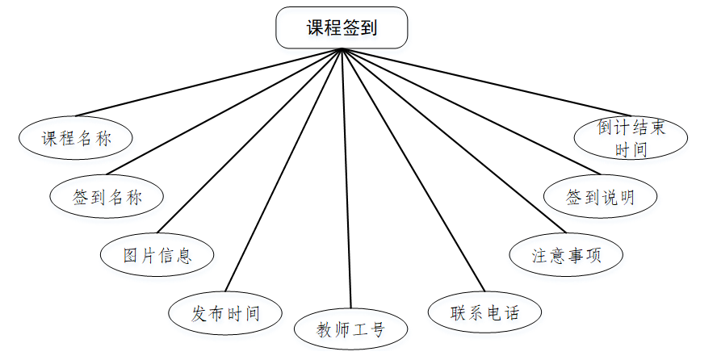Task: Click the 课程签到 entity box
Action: (342, 28)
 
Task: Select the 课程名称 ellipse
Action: (76, 138)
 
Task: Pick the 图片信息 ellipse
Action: (157, 256)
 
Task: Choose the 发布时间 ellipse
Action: (226, 313)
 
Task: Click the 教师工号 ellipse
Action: (351, 329)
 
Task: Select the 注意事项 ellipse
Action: (567, 255)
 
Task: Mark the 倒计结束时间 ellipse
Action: (631, 137)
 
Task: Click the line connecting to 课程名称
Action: (210, 82)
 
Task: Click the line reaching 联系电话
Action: (413, 170)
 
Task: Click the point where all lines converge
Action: (343, 49)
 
